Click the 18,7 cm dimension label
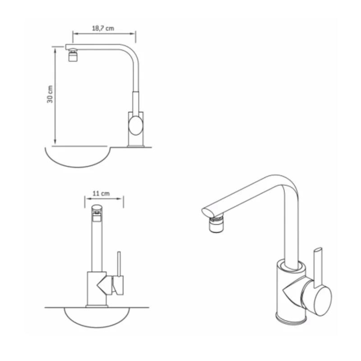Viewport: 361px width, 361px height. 103,28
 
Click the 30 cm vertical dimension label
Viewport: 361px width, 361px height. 50,94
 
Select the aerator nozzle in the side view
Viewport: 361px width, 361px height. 73,55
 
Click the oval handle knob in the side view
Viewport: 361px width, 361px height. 136,125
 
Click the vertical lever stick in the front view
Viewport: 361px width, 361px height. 119,264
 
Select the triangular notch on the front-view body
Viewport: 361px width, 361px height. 102,286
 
